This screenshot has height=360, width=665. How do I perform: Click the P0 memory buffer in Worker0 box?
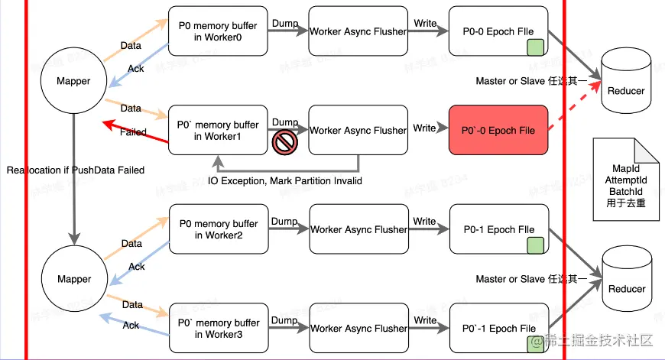point(217,31)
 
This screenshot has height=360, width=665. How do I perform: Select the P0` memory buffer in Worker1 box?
point(217,130)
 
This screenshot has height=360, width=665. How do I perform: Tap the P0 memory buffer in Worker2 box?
point(217,229)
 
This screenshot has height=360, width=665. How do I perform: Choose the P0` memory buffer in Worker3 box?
point(217,328)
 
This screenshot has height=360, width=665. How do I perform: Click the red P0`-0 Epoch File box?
point(498,130)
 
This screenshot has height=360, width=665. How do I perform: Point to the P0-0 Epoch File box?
point(498,31)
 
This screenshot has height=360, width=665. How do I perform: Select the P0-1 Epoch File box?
point(498,229)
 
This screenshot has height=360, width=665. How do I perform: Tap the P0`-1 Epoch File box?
point(498,328)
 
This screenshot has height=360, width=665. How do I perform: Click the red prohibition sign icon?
point(284,141)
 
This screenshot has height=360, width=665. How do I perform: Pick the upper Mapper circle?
point(74,80)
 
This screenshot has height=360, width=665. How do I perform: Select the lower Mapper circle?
point(74,279)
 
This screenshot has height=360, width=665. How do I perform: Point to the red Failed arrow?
point(134,131)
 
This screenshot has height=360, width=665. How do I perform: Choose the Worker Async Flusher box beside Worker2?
point(358,229)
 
